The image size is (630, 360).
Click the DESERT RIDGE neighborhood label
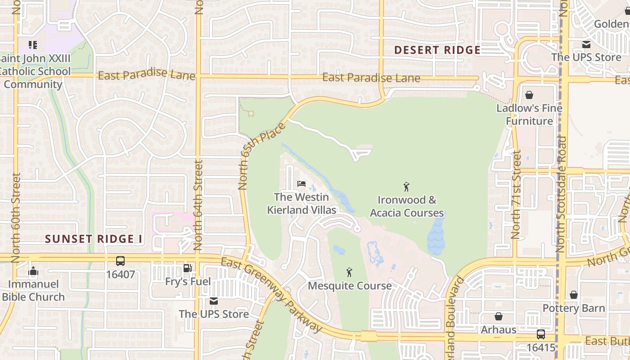click(437, 50)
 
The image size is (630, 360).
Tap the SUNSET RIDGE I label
click(94, 239)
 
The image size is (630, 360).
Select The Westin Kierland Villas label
click(301, 203)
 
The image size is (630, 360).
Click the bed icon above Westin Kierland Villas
click(301, 184)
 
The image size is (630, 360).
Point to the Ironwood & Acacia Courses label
click(407, 206)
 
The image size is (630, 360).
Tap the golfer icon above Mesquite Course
click(349, 272)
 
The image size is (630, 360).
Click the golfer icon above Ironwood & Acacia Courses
click(406, 186)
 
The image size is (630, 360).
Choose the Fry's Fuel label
click(188, 282)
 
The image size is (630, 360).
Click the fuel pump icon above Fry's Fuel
click(187, 269)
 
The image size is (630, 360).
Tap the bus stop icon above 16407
click(120, 261)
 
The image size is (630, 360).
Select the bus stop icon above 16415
click(541, 334)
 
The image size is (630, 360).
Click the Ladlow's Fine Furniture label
click(529, 114)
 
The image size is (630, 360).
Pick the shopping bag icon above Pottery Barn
click(574, 295)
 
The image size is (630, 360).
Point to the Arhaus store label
click(499, 329)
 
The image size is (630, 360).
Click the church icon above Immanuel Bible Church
click(33, 271)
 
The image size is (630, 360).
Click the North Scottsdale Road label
click(561, 193)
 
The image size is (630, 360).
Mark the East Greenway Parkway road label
click(272, 295)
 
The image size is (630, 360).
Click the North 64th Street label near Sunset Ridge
click(198, 205)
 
